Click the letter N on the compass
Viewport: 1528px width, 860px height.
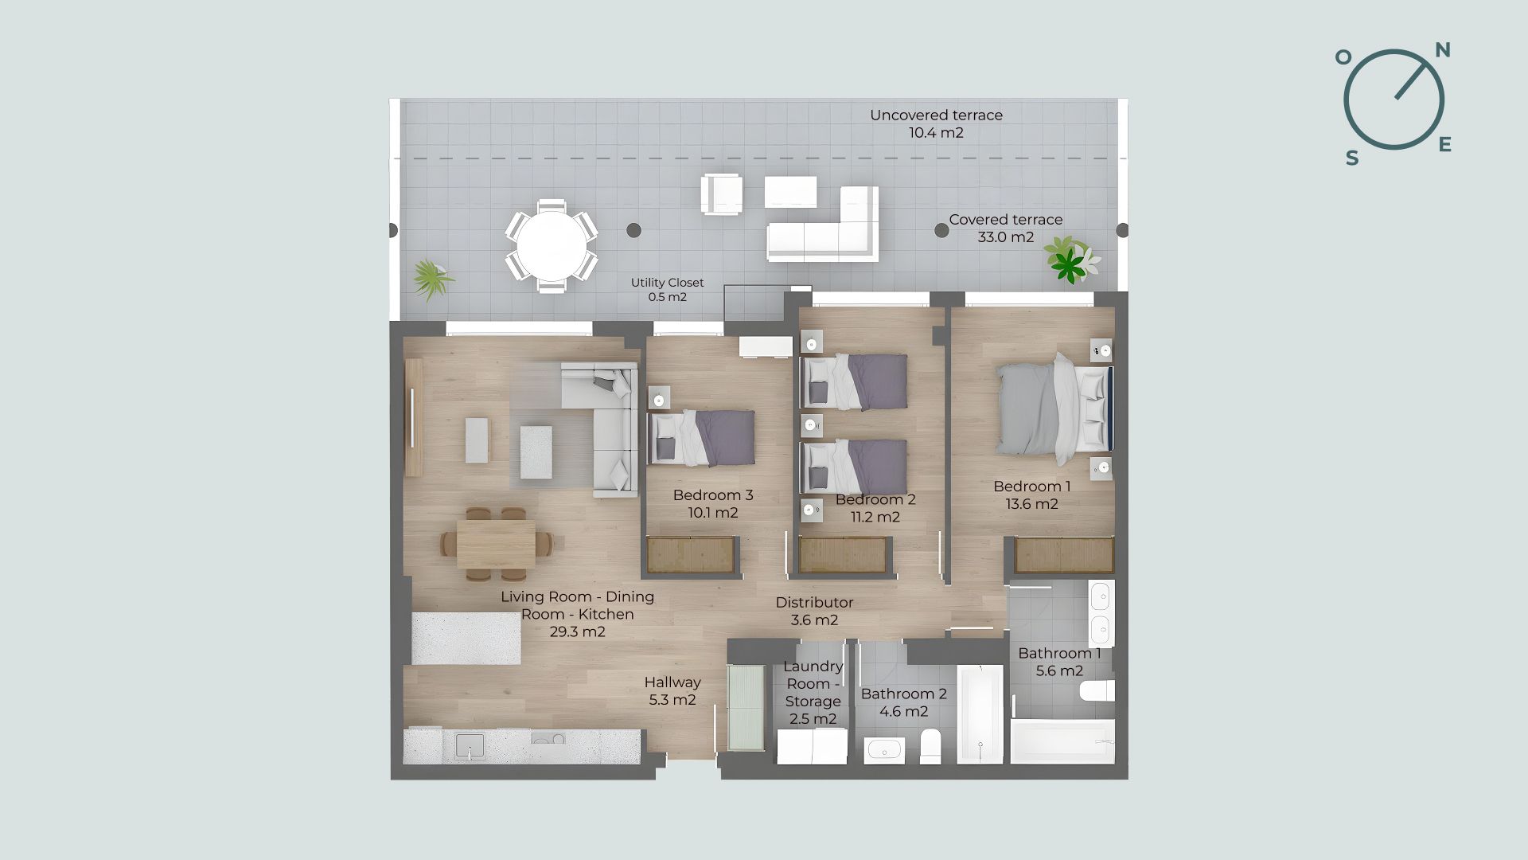tap(1442, 50)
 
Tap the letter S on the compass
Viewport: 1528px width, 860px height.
tap(1352, 158)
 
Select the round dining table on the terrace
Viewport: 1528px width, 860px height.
tap(551, 245)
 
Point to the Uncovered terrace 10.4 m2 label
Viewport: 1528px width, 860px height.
tap(936, 123)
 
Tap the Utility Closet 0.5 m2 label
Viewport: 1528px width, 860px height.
tap(667, 290)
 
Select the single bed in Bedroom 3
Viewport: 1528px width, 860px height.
tap(702, 438)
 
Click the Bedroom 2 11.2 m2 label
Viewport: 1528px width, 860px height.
tap(875, 508)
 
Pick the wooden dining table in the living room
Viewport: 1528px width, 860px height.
tap(496, 543)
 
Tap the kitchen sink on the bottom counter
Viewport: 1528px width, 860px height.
tap(470, 746)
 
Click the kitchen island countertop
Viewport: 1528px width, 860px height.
tap(466, 638)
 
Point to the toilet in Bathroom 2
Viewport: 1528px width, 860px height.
tap(930, 746)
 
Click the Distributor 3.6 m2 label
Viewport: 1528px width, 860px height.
tap(814, 611)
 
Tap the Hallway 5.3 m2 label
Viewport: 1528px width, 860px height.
tap(672, 690)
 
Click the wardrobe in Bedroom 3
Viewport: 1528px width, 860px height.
tap(691, 555)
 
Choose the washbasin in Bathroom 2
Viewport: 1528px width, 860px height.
tap(883, 749)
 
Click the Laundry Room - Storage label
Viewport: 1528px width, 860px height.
tap(813, 693)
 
